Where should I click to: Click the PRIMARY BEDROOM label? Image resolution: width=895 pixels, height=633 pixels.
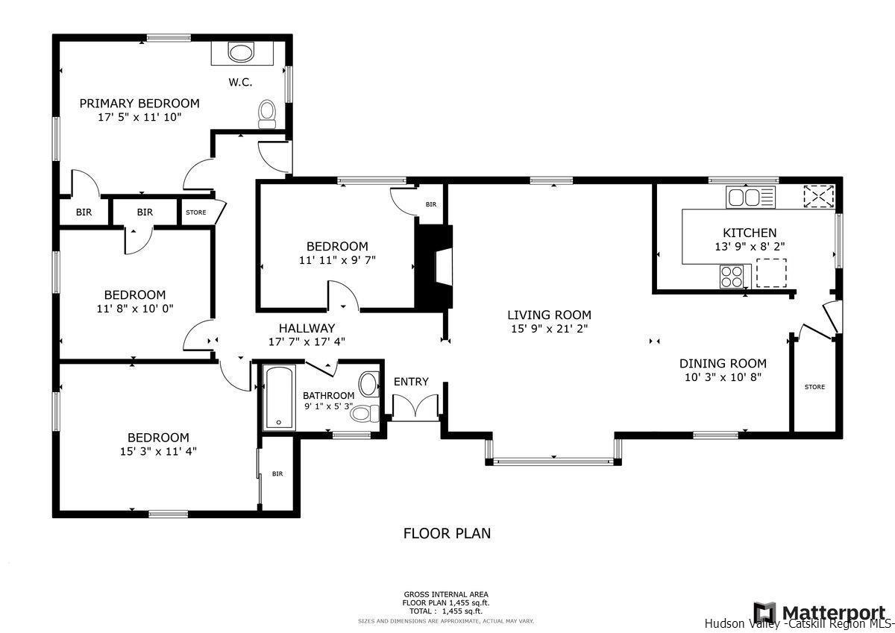click(139, 104)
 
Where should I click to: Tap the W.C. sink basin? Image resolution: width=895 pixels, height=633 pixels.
click(240, 53)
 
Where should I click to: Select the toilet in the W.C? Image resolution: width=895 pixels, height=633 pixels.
click(267, 113)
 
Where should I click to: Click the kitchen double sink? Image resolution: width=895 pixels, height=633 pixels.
click(750, 198)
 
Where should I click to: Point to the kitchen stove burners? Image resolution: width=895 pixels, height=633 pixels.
click(731, 277)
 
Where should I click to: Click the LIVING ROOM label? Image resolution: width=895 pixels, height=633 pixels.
click(549, 315)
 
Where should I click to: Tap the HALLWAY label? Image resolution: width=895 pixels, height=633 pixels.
click(307, 328)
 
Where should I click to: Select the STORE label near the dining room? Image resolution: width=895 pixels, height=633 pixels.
click(814, 387)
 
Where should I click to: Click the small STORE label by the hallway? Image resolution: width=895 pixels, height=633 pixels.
click(196, 212)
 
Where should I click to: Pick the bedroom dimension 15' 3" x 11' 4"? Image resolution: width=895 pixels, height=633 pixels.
click(157, 450)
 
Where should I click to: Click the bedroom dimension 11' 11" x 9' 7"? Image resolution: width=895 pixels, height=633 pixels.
click(337, 259)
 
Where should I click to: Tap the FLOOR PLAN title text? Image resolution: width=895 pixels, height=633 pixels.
click(447, 533)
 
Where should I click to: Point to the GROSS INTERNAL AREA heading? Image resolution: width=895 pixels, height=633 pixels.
click(447, 594)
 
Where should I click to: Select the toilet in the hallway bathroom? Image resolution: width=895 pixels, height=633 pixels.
click(363, 412)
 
